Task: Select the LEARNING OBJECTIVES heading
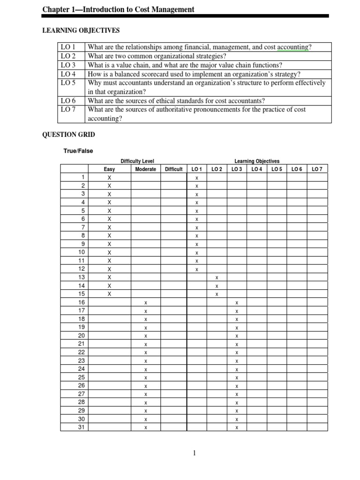point(81,31)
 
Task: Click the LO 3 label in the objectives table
point(68,65)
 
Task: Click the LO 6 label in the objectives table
point(68,101)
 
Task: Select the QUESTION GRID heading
point(69,135)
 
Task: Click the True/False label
point(78,150)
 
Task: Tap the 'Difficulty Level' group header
point(137,161)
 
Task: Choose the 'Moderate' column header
point(145,169)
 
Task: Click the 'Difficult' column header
point(173,169)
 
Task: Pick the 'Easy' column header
point(109,169)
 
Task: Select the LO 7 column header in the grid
point(317,169)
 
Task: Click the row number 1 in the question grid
point(83,178)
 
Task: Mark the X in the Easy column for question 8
point(109,235)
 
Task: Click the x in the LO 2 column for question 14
point(217,286)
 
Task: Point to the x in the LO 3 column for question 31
point(237,427)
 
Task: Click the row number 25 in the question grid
point(82,377)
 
